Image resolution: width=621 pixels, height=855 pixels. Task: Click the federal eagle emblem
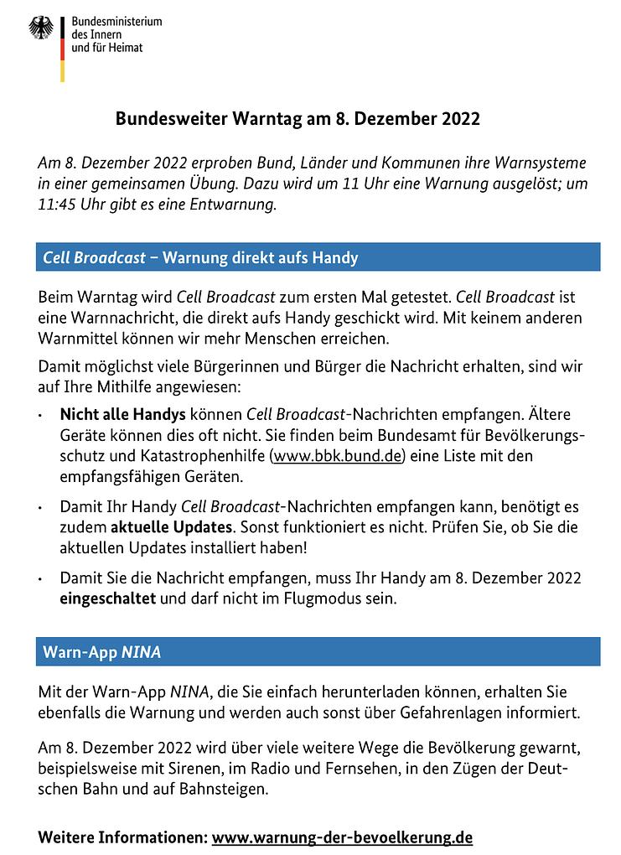pyautogui.click(x=41, y=28)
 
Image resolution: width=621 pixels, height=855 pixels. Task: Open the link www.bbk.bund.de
pyautogui.click(x=338, y=455)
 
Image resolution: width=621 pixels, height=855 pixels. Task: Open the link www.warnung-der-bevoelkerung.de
pyautogui.click(x=342, y=837)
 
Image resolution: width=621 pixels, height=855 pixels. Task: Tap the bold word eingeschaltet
pyautogui.click(x=108, y=599)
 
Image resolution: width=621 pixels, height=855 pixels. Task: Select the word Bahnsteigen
pyautogui.click(x=225, y=788)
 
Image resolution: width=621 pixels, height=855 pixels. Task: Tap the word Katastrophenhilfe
pyautogui.click(x=199, y=455)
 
